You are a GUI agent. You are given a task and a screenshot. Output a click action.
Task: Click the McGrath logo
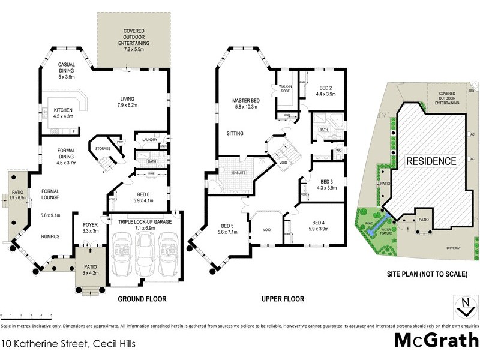[435, 340]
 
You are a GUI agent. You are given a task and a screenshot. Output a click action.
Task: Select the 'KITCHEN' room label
[64, 110]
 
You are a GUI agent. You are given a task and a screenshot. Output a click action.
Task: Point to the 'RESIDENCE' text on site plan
[431, 161]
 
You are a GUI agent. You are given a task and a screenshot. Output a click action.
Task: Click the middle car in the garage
[142, 253]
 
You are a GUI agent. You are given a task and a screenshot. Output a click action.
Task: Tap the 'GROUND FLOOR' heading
[142, 299]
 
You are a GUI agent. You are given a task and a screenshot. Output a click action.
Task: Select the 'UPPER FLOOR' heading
[283, 299]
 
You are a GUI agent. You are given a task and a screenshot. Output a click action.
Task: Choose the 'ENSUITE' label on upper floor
[239, 173]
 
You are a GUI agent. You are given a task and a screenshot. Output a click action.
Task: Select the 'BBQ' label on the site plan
[471, 91]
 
